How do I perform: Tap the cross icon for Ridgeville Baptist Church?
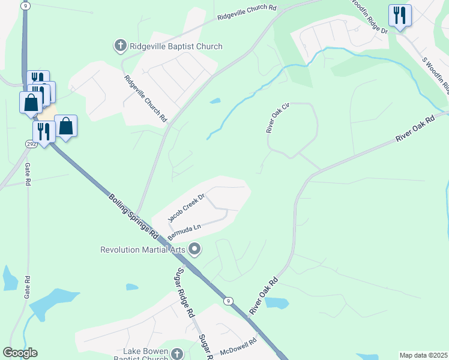tap(119, 46)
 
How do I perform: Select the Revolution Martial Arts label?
tap(143, 250)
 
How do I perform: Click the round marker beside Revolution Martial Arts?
tap(194, 248)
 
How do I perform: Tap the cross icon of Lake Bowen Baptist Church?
tap(177, 354)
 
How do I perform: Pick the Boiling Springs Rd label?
tap(133, 215)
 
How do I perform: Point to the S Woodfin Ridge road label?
tap(436, 76)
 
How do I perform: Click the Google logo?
tap(20, 353)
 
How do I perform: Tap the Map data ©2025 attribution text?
tap(423, 355)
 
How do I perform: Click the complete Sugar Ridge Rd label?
tap(184, 293)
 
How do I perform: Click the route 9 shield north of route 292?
tap(25, 5)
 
